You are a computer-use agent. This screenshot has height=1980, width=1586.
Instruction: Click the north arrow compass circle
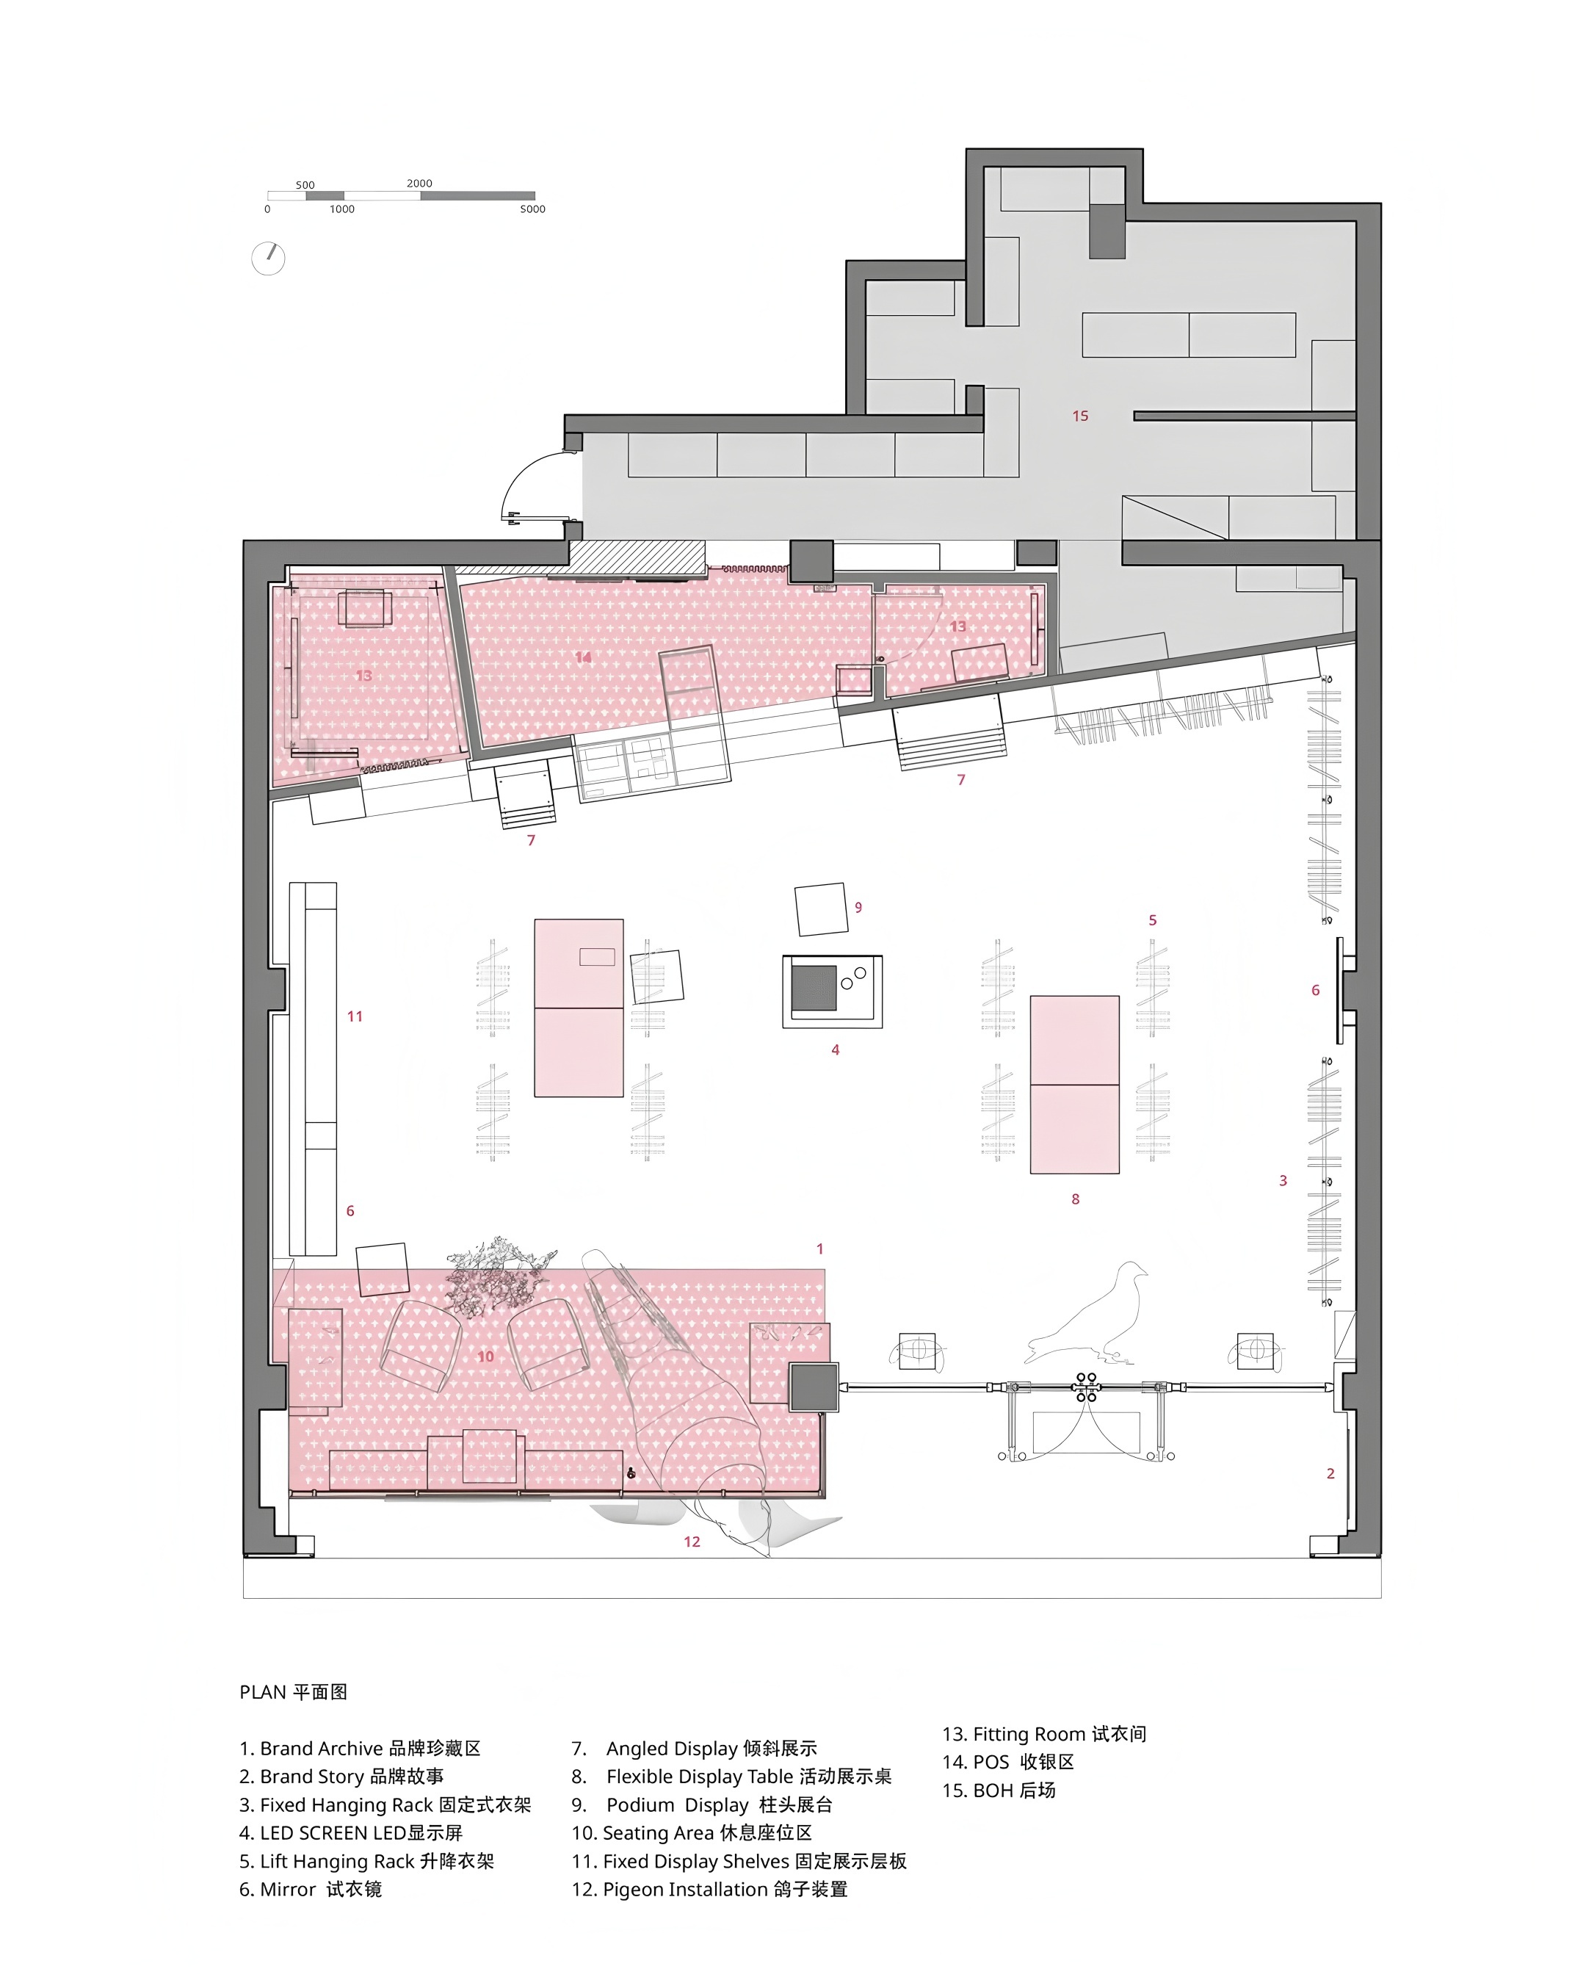[268, 258]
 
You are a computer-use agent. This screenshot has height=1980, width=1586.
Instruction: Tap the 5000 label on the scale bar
[532, 209]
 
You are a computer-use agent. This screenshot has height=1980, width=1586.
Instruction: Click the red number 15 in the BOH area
[1080, 416]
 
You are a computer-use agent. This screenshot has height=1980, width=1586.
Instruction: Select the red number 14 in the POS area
[583, 657]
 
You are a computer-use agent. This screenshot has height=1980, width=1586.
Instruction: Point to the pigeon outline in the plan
[1088, 1313]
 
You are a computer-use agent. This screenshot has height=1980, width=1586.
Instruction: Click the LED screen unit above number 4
[832, 991]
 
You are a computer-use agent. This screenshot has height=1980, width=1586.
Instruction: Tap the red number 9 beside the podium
[858, 907]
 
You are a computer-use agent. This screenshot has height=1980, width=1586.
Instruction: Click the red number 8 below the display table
[1076, 1199]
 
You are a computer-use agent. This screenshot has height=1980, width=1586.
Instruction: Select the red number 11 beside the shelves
[355, 1016]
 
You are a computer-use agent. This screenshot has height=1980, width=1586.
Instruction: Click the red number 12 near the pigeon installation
[692, 1542]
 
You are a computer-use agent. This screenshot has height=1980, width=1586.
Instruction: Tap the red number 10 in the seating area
[486, 1356]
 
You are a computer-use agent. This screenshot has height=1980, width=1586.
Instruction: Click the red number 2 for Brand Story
[1330, 1474]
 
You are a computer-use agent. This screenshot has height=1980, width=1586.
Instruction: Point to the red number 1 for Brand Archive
[820, 1249]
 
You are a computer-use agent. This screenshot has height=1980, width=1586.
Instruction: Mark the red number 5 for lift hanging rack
[1153, 920]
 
